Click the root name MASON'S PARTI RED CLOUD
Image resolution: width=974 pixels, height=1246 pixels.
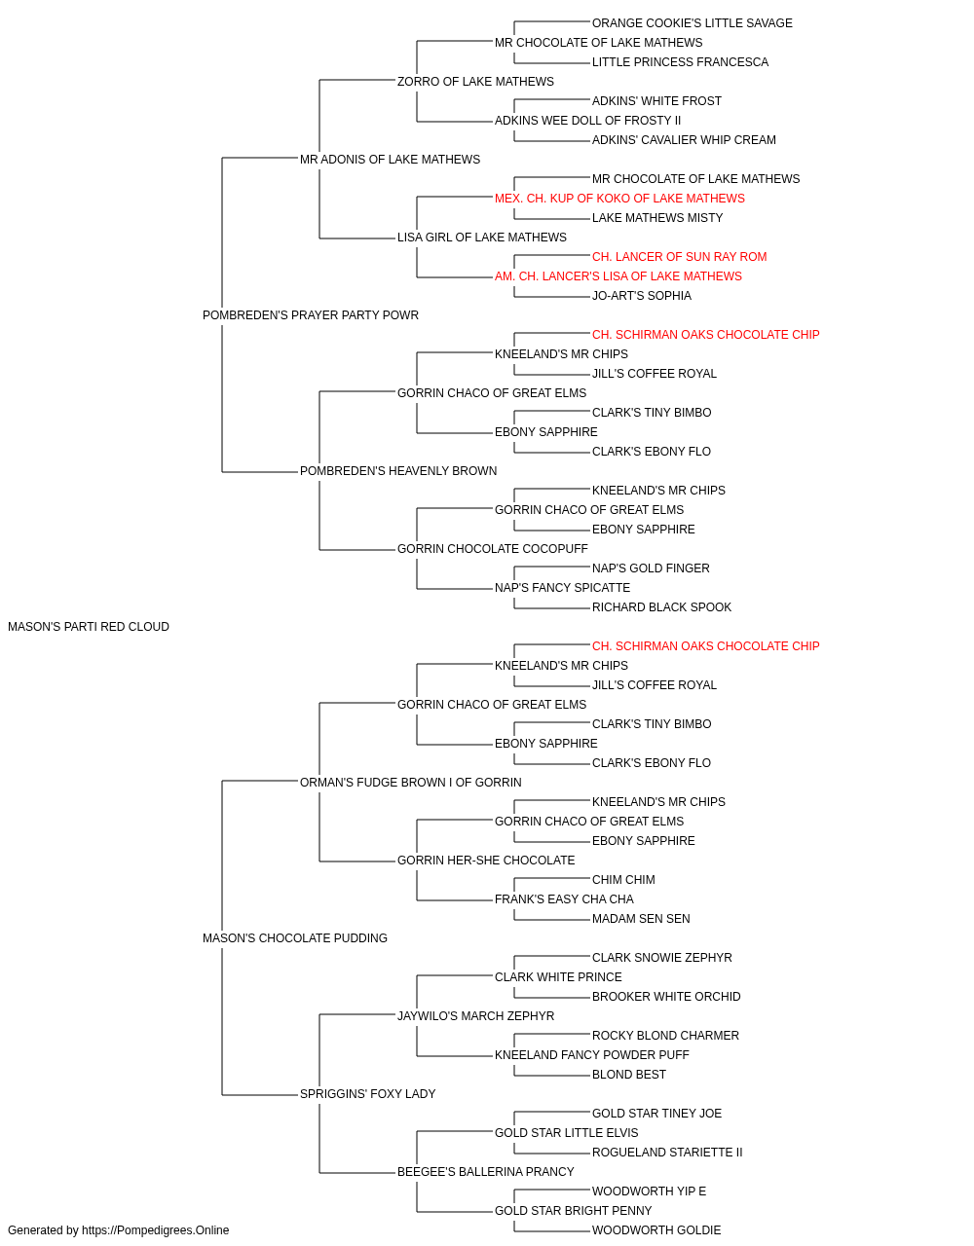pyautogui.click(x=89, y=627)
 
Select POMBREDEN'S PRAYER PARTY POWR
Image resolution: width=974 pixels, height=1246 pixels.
pyautogui.click(x=311, y=315)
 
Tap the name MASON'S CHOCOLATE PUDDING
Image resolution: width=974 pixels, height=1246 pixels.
pyautogui.click(x=295, y=938)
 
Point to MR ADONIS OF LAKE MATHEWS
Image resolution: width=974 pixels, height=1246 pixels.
pyautogui.click(x=390, y=160)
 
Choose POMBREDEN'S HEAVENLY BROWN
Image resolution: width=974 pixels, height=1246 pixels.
pyautogui.click(x=398, y=471)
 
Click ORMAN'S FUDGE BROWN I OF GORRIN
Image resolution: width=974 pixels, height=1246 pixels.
pyautogui.click(x=411, y=782)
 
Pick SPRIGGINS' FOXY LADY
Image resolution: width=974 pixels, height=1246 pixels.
pyautogui.click(x=368, y=1094)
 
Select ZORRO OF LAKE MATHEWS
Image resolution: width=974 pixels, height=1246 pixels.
pyautogui.click(x=475, y=82)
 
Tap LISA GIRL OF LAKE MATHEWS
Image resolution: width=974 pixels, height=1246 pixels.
pyautogui.click(x=482, y=238)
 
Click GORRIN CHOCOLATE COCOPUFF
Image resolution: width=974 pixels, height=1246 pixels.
pyautogui.click(x=493, y=549)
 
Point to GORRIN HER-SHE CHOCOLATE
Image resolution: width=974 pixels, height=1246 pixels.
pyautogui.click(x=486, y=861)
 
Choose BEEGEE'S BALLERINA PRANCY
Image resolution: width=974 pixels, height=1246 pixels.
pyautogui.click(x=486, y=1171)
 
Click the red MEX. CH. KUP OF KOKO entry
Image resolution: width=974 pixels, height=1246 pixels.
pyautogui.click(x=619, y=199)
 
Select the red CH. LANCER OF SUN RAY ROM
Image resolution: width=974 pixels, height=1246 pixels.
pyautogui.click(x=679, y=257)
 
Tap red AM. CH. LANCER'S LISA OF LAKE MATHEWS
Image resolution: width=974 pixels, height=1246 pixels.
pyautogui.click(x=618, y=276)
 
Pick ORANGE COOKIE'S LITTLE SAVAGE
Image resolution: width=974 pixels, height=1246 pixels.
pyautogui.click(x=693, y=23)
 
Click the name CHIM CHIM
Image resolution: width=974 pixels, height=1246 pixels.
pyautogui.click(x=623, y=880)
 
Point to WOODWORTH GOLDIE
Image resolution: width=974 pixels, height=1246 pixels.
pyautogui.click(x=656, y=1230)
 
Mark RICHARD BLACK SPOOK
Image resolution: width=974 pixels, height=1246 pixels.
pyautogui.click(x=662, y=607)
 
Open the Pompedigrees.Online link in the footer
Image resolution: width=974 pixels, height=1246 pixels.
pyautogui.click(x=156, y=1230)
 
